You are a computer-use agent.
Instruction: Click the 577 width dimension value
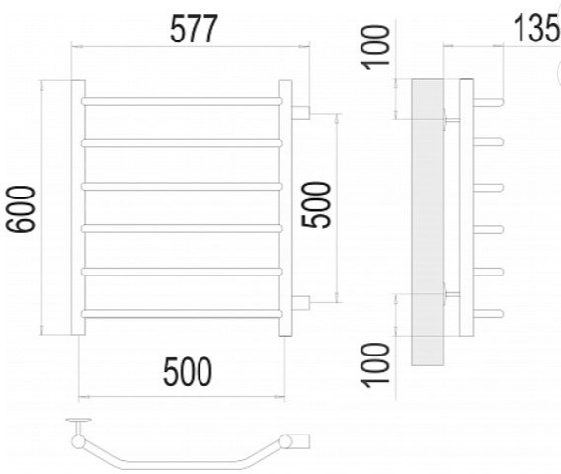tap(194, 29)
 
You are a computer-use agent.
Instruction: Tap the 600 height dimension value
tap(21, 209)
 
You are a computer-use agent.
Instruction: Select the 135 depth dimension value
tap(536, 28)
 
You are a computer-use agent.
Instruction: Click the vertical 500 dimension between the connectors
tap(316, 204)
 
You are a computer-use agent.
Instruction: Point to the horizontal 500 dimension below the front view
tap(188, 372)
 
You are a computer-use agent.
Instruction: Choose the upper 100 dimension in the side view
tap(375, 47)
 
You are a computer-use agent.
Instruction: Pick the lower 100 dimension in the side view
tap(375, 365)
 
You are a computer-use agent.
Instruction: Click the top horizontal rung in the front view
tap(182, 101)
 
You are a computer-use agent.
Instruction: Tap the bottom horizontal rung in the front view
tap(182, 314)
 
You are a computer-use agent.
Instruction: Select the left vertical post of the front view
tap(78, 207)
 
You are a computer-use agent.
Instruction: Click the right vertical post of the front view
tap(285, 207)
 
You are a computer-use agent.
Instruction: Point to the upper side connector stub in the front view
tap(301, 113)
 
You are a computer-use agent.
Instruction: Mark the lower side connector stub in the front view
tap(301, 302)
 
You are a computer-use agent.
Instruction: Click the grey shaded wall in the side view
tap(428, 222)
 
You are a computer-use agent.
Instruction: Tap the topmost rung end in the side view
tap(488, 102)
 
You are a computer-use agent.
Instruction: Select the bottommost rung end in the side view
tap(488, 314)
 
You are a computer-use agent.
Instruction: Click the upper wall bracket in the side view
tap(452, 120)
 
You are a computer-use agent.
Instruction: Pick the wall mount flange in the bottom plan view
tap(79, 420)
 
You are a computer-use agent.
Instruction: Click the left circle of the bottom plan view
tap(78, 441)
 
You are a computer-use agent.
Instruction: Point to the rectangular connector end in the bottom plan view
tap(301, 441)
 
